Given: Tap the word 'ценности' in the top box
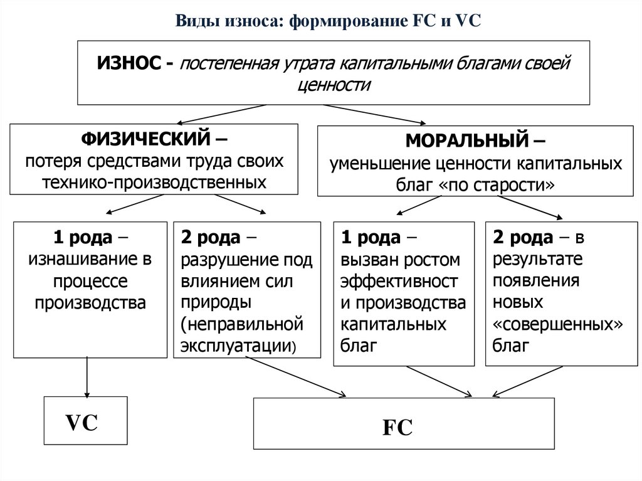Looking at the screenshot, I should [332, 86].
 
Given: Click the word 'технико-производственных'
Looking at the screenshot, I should [154, 182].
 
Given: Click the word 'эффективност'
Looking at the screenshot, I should [399, 280].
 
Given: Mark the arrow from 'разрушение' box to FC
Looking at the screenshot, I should [295, 376].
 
